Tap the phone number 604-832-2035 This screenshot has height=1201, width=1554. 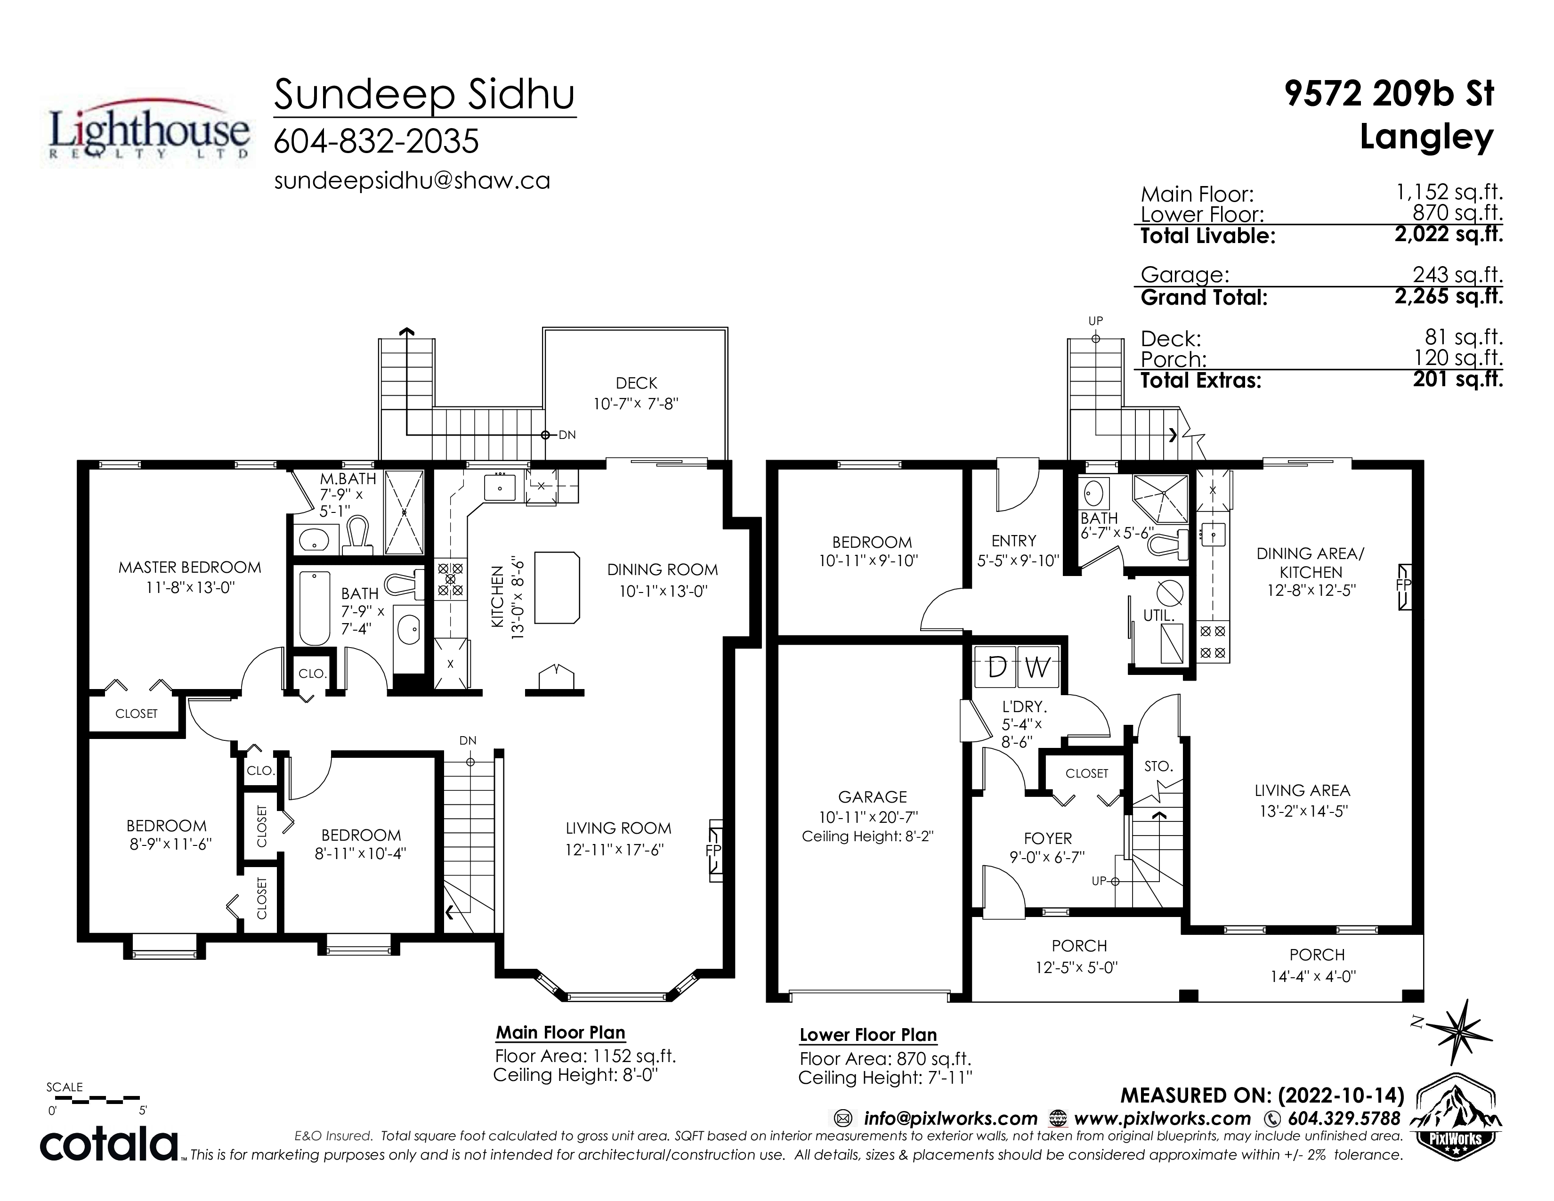376,141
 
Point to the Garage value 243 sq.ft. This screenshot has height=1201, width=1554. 1458,274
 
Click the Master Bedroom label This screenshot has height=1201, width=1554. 190,567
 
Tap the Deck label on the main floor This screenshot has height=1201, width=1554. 636,383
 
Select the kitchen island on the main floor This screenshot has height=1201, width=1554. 557,587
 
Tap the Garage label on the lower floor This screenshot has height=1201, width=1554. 872,797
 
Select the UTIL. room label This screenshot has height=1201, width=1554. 1158,616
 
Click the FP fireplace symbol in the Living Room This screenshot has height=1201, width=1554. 714,851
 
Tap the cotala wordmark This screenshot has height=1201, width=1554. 109,1144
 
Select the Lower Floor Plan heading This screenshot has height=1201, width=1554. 868,1035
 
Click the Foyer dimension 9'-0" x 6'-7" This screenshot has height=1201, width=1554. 1047,857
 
